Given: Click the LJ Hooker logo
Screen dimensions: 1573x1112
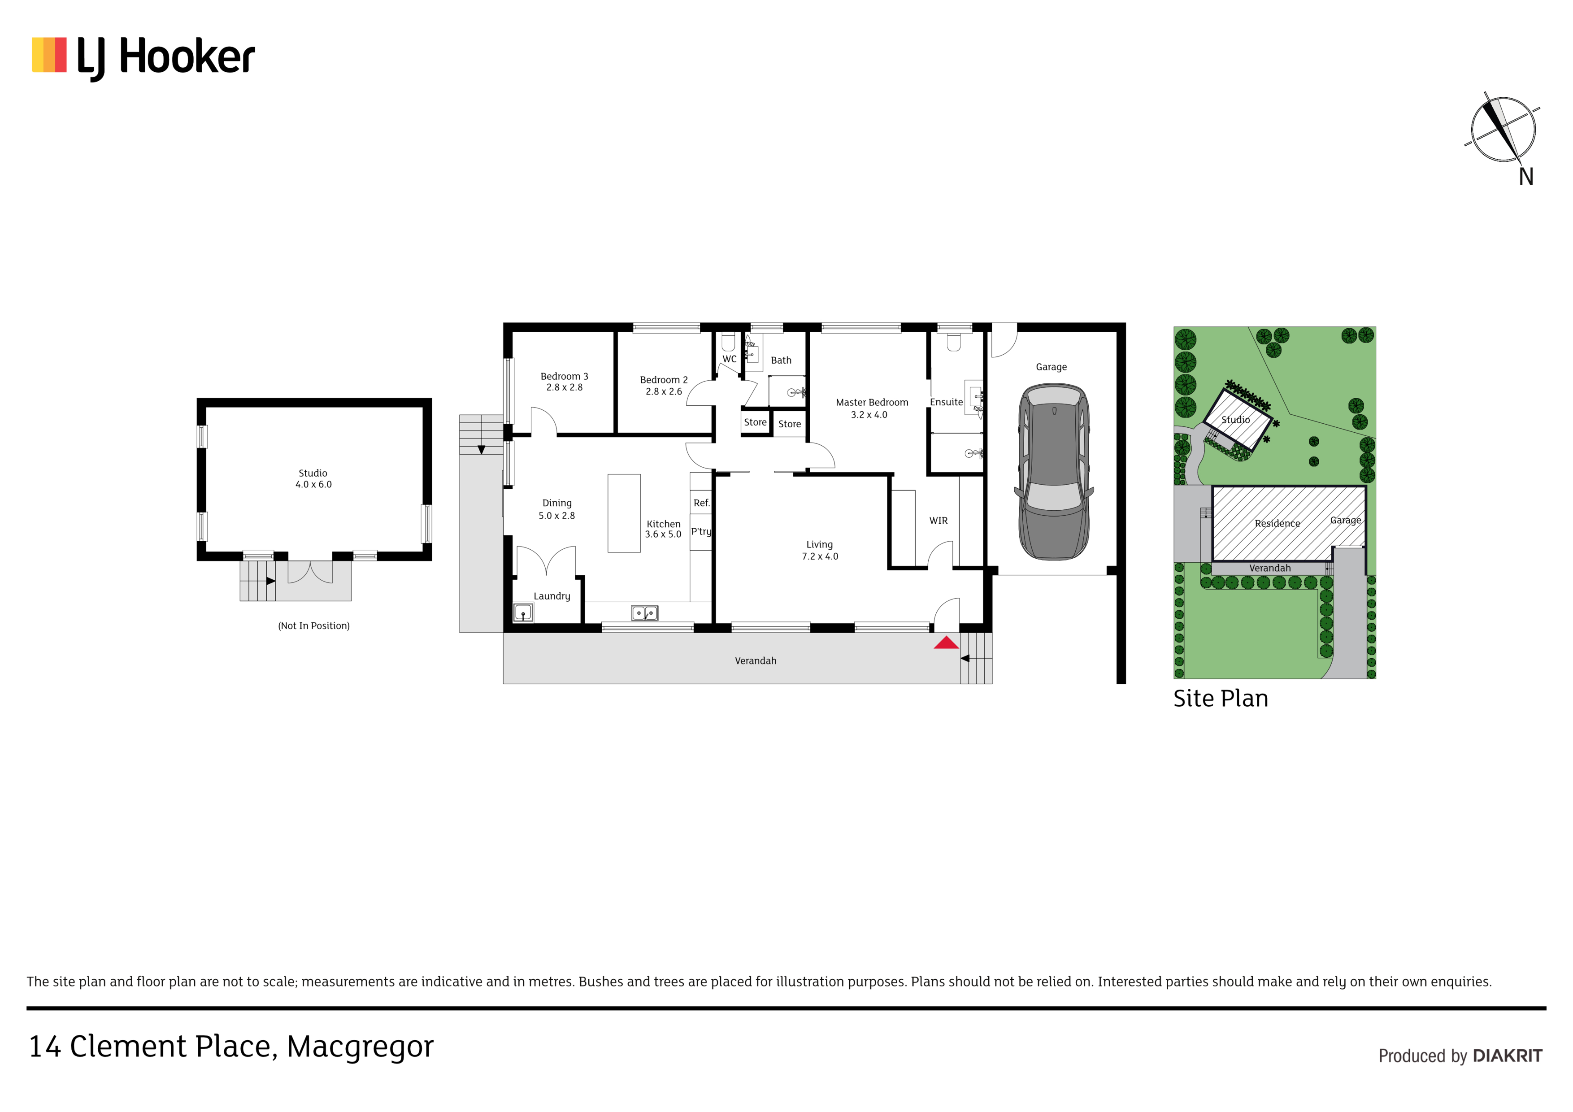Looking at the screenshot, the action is pos(143,57).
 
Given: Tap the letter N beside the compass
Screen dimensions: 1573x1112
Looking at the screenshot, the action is pos(1526,177).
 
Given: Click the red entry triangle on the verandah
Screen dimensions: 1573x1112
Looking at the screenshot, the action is pos(946,642).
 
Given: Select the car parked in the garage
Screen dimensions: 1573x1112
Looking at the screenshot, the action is pos(1054,472).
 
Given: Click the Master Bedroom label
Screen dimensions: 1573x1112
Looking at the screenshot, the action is pos(871,402).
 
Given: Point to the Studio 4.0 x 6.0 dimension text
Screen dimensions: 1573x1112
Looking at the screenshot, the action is pos(314,484).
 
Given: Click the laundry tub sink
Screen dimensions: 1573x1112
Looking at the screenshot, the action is pos(523,612).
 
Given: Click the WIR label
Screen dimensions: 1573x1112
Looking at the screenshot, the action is pos(939,521).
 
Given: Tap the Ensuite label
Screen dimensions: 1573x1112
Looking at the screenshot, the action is pos(946,402).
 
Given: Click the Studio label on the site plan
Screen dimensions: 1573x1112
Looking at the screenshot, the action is pos(1236,419).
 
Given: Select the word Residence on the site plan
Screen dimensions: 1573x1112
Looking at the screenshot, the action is pos(1277,523).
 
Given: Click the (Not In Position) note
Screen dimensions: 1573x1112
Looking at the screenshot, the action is pos(314,625).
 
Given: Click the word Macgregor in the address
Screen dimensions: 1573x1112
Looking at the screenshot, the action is pos(361,1047).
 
